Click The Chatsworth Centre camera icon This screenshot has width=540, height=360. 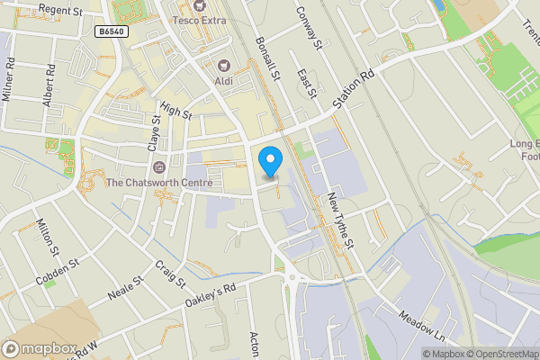click(x=159, y=167)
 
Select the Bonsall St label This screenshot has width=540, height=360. click(x=268, y=56)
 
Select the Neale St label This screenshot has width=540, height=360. click(x=125, y=292)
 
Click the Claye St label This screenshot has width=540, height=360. click(x=155, y=133)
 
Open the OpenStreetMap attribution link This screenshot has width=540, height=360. click(x=498, y=354)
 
